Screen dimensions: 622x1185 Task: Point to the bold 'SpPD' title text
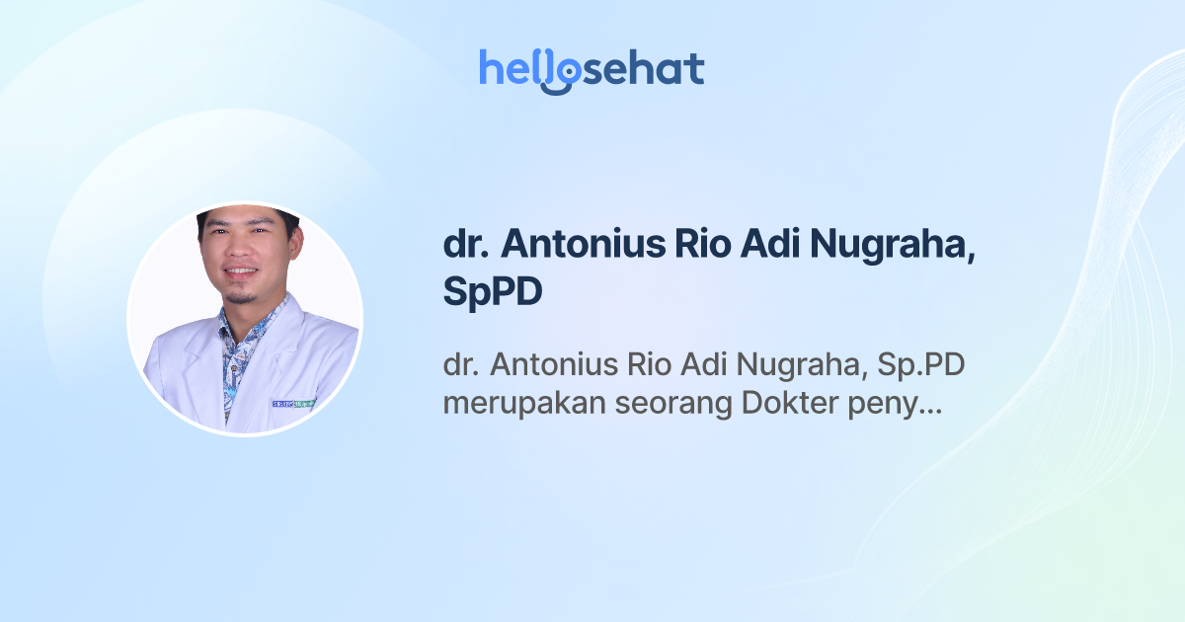pyautogui.click(x=493, y=293)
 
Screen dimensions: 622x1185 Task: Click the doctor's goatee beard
pyautogui.click(x=241, y=294)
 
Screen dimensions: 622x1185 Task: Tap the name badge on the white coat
pyautogui.click(x=292, y=403)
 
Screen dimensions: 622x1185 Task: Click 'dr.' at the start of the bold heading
pyautogui.click(x=466, y=245)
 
